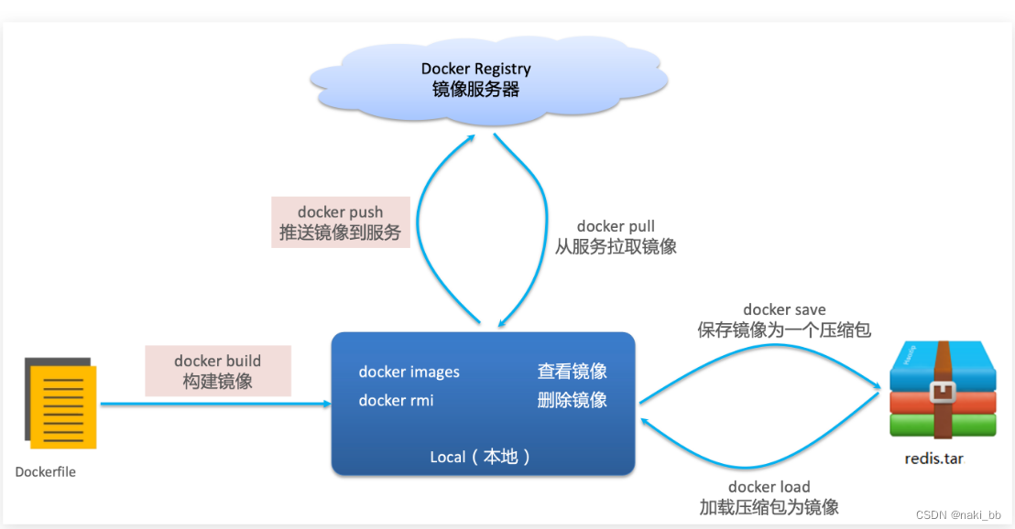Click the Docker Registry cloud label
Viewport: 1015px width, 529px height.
click(475, 69)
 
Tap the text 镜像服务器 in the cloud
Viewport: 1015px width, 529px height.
click(475, 89)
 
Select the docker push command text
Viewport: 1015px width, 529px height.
click(340, 212)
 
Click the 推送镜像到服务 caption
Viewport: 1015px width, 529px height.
click(340, 232)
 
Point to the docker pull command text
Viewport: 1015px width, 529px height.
click(616, 226)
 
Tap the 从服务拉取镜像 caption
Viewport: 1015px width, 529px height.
click(616, 246)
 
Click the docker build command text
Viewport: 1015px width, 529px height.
click(217, 361)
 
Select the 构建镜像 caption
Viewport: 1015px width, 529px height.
click(217, 381)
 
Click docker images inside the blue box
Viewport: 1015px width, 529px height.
click(409, 372)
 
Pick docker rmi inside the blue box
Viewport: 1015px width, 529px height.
click(396, 400)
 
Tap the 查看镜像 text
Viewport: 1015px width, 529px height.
click(572, 372)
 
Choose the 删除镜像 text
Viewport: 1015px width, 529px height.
click(572, 400)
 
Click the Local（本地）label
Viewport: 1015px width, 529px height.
click(481, 457)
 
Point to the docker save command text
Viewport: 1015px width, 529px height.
click(784, 310)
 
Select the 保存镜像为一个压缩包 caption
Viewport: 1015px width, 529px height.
click(784, 330)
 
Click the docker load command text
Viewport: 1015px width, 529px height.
click(769, 487)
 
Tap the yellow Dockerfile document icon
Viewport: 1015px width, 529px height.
click(62, 405)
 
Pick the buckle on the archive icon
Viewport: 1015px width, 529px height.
click(941, 393)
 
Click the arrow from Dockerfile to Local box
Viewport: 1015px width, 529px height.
click(215, 404)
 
